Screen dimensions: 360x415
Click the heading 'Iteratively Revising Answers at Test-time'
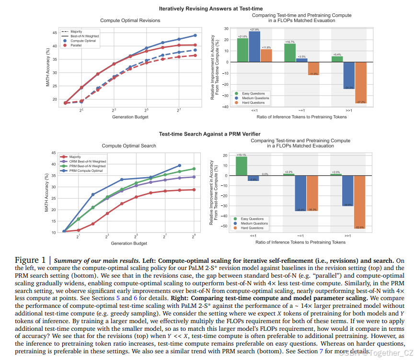[x=207, y=9]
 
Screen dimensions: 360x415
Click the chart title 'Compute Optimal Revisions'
[x=130, y=21]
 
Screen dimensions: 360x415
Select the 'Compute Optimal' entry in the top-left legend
[x=83, y=41]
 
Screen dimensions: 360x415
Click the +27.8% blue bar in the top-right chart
[x=254, y=46]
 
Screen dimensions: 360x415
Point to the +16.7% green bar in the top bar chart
[x=289, y=53]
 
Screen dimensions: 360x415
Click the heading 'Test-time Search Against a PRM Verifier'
[x=207, y=134]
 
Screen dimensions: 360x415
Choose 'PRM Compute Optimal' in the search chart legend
[x=86, y=171]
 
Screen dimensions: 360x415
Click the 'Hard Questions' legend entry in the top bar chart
[x=253, y=102]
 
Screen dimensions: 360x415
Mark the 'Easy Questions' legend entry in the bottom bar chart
[x=253, y=219]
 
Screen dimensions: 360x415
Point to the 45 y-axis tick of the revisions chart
[x=54, y=33]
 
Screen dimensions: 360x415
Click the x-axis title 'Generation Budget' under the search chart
[x=129, y=244]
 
